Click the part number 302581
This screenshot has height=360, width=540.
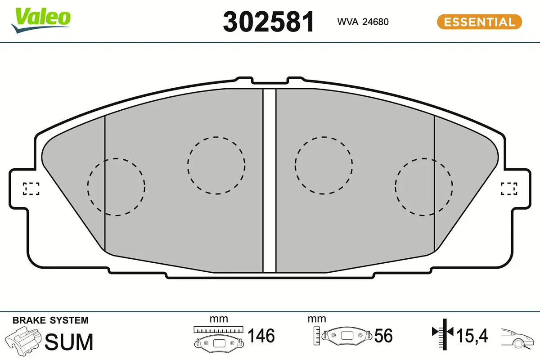click(x=269, y=22)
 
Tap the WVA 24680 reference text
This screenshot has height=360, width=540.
click(x=363, y=22)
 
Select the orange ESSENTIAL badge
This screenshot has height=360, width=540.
click(x=480, y=22)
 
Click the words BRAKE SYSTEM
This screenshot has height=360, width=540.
click(x=50, y=320)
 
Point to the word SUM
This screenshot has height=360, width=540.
click(x=69, y=342)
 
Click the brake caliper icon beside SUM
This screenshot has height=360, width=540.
click(x=23, y=341)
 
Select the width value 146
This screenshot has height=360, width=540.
click(x=261, y=335)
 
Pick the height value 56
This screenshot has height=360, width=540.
click(x=383, y=335)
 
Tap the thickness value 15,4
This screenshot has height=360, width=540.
click(x=472, y=336)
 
